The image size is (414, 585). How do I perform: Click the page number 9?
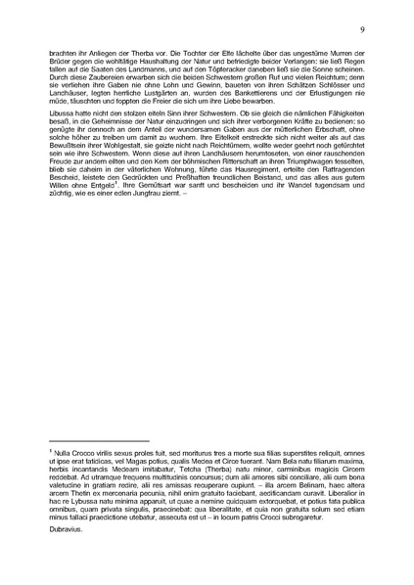(x=362, y=31)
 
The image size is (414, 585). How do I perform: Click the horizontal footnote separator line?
(x=98, y=441)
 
